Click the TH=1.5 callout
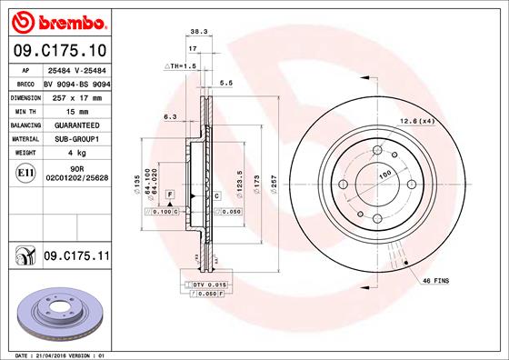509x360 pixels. click(180, 66)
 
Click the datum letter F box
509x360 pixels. click(169, 195)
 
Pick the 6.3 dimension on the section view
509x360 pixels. click(169, 116)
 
